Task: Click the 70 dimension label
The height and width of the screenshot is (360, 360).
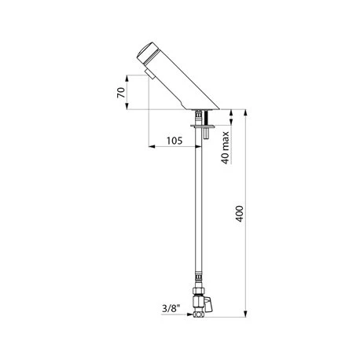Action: [121, 93]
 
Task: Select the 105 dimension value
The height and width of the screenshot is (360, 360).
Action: [174, 141]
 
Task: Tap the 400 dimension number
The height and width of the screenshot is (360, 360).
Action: [240, 214]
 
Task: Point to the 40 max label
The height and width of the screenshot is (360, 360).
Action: [225, 148]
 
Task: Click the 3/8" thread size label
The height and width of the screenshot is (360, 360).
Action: [171, 308]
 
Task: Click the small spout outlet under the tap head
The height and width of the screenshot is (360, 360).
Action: [149, 75]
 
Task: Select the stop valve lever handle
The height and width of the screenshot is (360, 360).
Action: [208, 304]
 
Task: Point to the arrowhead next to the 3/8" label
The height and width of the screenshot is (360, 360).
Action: [190, 314]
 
